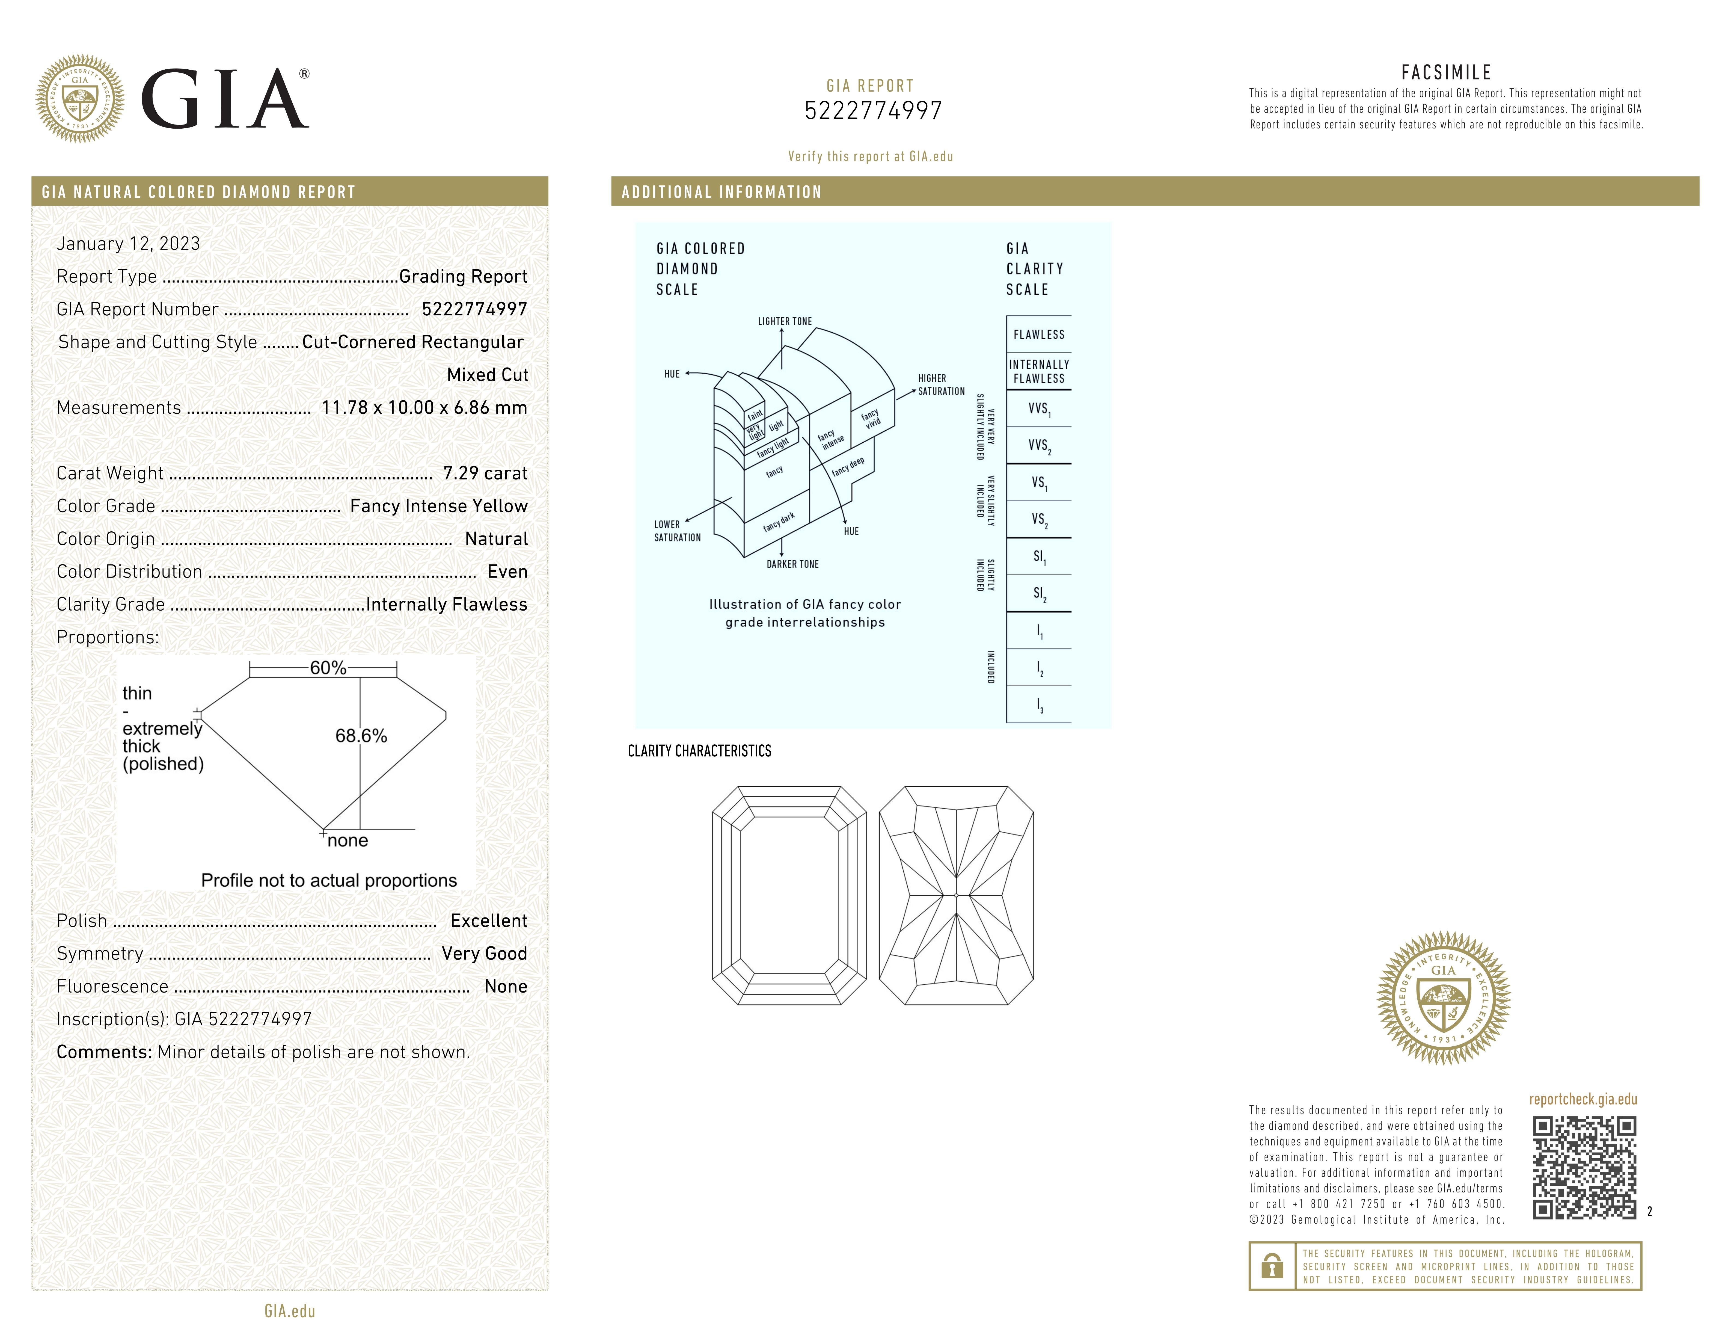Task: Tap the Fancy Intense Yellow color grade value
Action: click(x=438, y=506)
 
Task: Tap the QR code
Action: click(x=1584, y=1168)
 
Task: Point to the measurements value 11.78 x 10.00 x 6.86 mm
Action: click(x=424, y=407)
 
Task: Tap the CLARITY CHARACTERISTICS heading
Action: click(x=699, y=751)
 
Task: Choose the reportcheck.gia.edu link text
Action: click(x=1583, y=1099)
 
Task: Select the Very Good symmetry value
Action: click(x=483, y=954)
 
